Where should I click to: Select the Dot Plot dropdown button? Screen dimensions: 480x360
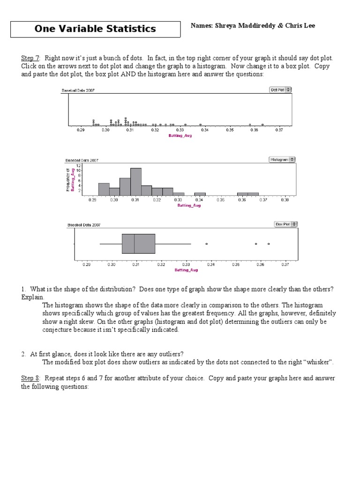[280, 90]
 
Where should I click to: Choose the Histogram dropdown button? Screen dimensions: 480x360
[282, 159]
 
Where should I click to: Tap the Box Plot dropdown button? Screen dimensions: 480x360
[285, 224]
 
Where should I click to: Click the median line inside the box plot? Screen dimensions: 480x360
[135, 244]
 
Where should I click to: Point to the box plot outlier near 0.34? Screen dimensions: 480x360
[206, 244]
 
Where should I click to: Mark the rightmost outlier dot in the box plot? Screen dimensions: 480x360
[269, 244]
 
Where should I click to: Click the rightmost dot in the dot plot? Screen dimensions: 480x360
[262, 125]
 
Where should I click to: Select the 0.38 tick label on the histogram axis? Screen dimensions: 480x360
[285, 200]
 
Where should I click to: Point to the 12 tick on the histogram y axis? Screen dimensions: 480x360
[79, 165]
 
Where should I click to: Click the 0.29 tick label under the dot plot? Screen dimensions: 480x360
[80, 130]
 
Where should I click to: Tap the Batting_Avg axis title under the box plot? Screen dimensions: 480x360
[186, 270]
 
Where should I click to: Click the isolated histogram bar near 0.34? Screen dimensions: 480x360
[200, 193]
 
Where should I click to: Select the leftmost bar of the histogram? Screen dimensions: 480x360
[104, 189]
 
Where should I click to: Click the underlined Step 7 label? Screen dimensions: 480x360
[30, 58]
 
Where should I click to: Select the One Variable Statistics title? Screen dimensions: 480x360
[95, 29]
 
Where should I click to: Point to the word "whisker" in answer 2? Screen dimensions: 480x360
[320, 362]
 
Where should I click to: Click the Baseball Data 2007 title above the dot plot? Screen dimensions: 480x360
[78, 90]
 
